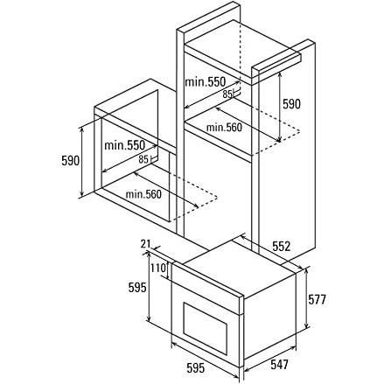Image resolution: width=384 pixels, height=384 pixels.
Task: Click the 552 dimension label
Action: pos(282,247)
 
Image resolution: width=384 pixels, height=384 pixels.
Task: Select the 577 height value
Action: pos(317,299)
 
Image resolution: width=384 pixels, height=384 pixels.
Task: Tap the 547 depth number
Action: pos(279,364)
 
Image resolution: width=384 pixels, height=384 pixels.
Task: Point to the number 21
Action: pos(145,244)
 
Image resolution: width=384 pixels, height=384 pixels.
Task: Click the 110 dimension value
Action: pos(158,268)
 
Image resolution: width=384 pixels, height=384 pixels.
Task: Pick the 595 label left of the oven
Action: pos(137,288)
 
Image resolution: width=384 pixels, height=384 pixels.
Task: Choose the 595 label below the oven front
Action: pos(195,368)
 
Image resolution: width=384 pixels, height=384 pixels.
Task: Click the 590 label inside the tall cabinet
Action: pos(291,104)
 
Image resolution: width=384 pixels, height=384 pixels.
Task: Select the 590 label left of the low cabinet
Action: pos(70,160)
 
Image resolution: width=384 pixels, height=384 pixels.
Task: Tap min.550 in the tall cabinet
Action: pos(206,82)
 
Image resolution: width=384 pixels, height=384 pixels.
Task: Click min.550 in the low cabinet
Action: pos(124,145)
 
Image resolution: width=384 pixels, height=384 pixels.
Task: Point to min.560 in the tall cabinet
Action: pos(224,128)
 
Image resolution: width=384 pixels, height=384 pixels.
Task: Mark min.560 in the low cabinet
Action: pos(143,194)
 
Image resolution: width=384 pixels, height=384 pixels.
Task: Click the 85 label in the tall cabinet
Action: pos(227,94)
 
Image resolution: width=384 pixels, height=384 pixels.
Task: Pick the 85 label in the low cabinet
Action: pos(143,159)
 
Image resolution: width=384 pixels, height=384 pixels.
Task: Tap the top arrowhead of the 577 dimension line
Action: pos(306,271)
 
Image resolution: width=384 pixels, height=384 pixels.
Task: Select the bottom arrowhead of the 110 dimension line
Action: pos(168,276)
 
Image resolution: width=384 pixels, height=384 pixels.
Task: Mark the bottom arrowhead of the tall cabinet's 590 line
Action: pos(279,139)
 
